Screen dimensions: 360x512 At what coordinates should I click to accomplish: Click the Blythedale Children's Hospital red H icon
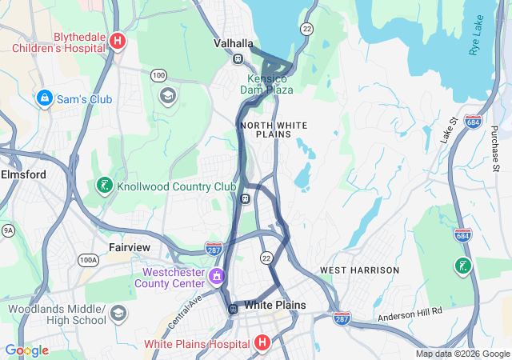[118, 41]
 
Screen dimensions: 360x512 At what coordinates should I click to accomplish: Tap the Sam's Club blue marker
[45, 98]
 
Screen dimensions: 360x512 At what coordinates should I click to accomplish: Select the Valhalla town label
[234, 43]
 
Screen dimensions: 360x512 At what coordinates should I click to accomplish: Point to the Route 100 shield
[158, 75]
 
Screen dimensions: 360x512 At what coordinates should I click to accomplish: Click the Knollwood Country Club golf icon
[104, 186]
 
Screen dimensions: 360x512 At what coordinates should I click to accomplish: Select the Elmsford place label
[24, 174]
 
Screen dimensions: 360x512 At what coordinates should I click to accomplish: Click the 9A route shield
[8, 230]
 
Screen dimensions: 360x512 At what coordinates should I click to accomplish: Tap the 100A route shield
[88, 260]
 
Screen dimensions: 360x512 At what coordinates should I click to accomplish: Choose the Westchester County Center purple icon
[216, 277]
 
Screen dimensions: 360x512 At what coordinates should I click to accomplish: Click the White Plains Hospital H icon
[261, 344]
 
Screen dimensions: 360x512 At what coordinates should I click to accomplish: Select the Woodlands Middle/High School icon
[118, 312]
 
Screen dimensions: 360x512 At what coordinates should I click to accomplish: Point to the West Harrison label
[359, 270]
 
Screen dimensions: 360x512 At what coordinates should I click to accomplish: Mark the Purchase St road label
[495, 148]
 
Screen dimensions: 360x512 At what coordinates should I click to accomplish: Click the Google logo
[26, 350]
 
